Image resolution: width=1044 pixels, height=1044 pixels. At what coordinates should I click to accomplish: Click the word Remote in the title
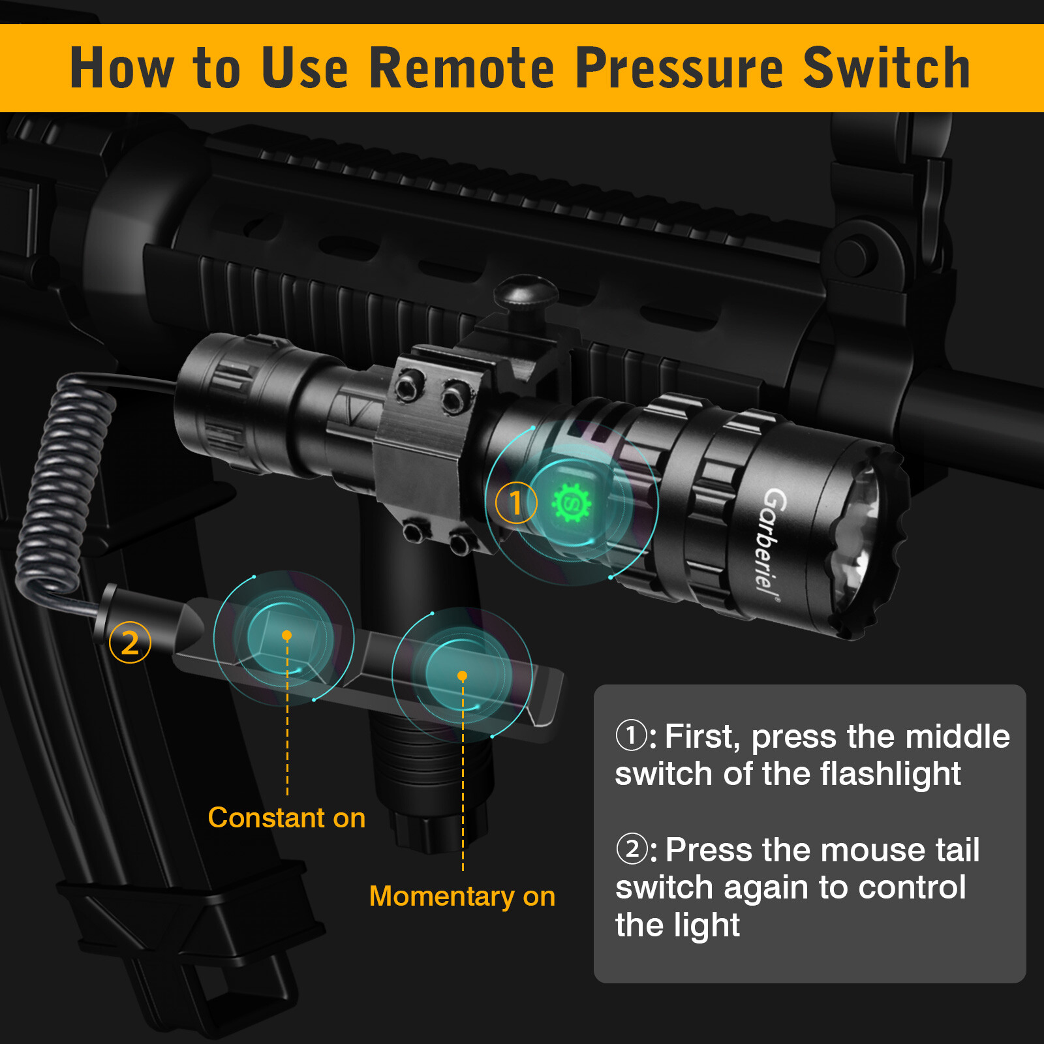462,69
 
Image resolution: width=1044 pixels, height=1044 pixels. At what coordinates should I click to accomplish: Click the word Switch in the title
887,69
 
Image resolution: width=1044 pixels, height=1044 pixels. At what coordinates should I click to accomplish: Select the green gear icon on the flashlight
572,503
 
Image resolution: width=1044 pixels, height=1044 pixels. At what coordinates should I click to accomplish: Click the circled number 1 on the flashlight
515,503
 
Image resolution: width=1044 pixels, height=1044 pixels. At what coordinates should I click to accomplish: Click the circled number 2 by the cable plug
130,643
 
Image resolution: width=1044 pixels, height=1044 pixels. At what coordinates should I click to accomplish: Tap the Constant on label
286,818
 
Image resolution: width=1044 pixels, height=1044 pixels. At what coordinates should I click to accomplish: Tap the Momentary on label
462,896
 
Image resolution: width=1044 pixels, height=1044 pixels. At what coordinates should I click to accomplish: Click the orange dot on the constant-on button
286,635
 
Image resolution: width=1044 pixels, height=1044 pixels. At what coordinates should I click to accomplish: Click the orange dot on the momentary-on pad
462,676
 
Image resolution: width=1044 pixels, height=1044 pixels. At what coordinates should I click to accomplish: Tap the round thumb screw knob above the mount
525,292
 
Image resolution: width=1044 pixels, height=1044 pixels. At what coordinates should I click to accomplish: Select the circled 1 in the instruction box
631,735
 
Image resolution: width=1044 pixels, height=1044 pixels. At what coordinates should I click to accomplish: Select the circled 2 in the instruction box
631,849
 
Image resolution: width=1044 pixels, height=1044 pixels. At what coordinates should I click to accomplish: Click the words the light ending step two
677,925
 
